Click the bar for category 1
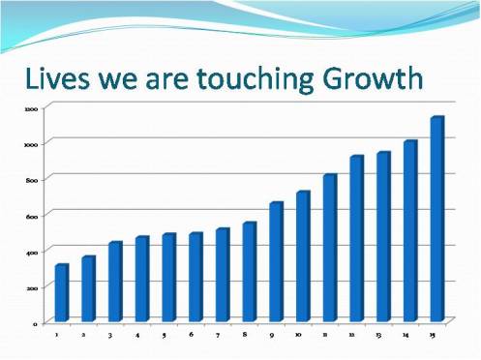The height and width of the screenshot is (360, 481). [62, 292]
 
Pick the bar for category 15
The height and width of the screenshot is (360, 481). [436, 219]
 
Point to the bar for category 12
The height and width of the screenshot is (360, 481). [356, 238]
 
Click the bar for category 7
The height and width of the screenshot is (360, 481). [223, 275]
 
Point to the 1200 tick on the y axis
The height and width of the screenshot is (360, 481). [32, 108]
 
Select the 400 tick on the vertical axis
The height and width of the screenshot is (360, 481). [32, 252]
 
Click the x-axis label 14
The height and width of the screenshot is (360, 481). [406, 335]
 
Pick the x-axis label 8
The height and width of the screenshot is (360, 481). [245, 334]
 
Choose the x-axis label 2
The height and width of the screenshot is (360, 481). [84, 335]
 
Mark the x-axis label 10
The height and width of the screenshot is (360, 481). [298, 334]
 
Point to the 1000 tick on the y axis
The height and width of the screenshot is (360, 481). [32, 144]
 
